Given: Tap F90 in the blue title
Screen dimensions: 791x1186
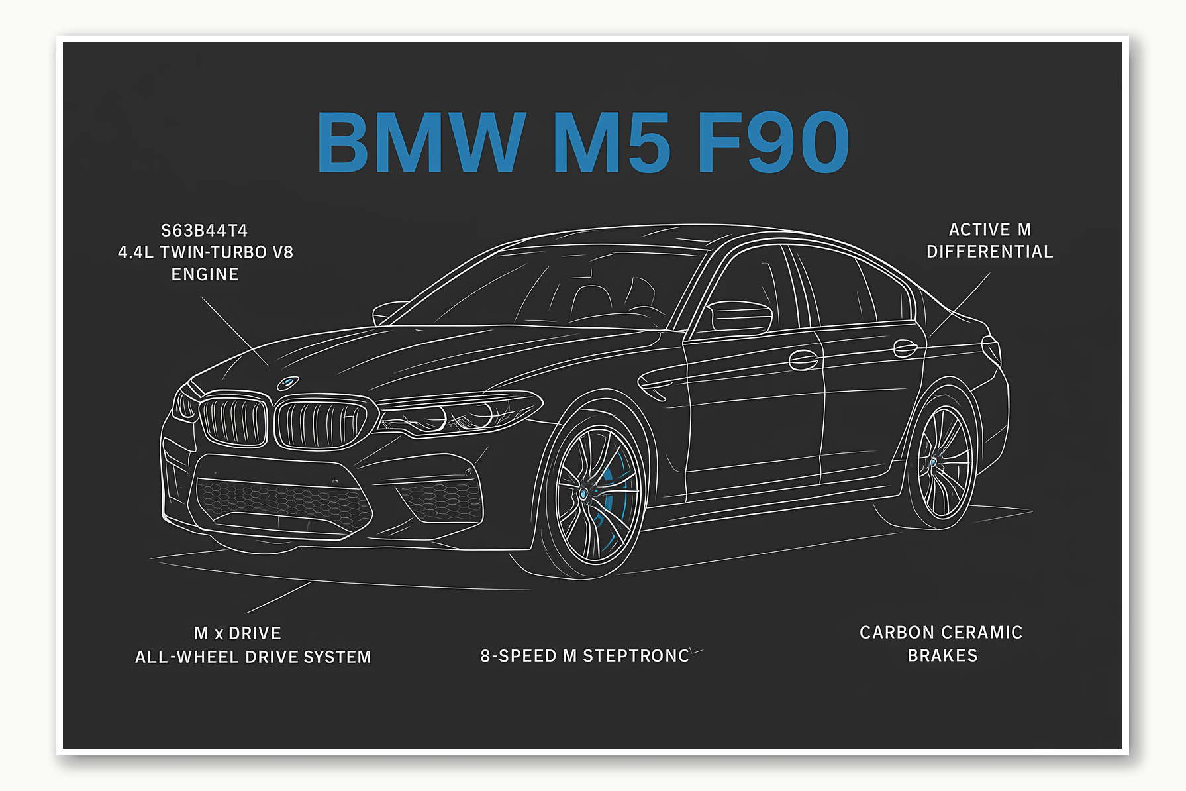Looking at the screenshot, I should pyautogui.click(x=773, y=142).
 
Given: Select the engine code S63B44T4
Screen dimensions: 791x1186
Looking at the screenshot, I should pyautogui.click(x=205, y=231).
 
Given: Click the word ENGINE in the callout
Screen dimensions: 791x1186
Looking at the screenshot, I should pyautogui.click(x=205, y=274).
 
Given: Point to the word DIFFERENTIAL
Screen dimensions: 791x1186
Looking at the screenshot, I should pyautogui.click(x=989, y=252).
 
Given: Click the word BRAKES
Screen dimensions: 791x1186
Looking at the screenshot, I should pyautogui.click(x=942, y=656).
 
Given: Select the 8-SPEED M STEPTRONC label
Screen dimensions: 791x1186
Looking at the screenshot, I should pyautogui.click(x=585, y=656).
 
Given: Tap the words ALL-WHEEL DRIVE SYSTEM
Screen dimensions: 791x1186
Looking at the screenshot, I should pyautogui.click(x=253, y=657).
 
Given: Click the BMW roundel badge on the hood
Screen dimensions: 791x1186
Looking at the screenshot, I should pyautogui.click(x=288, y=383).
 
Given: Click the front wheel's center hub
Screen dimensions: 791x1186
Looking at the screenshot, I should pyautogui.click(x=583, y=494).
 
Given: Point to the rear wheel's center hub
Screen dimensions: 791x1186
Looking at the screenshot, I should pyautogui.click(x=933, y=462).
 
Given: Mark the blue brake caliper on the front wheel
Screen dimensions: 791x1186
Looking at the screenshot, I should pyautogui.click(x=613, y=490).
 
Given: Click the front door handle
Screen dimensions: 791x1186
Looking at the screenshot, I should pyautogui.click(x=803, y=360).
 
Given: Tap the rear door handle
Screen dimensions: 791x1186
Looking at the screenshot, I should pyautogui.click(x=905, y=348).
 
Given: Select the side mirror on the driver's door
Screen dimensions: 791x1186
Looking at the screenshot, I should pyautogui.click(x=740, y=316).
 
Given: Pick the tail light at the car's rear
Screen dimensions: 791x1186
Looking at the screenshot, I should pyautogui.click(x=991, y=349).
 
